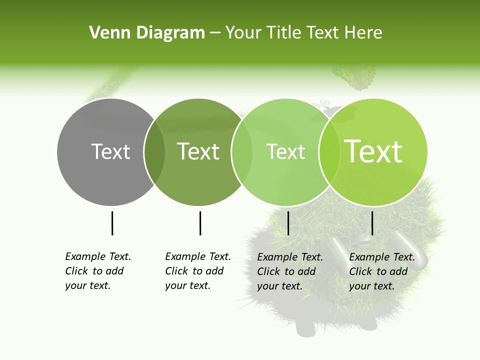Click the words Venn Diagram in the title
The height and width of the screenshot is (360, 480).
click(x=147, y=33)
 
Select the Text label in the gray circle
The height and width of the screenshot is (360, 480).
click(x=110, y=151)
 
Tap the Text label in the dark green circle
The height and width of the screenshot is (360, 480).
click(x=198, y=151)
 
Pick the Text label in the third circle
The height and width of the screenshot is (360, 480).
click(x=286, y=151)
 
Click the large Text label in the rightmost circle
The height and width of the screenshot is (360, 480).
click(x=373, y=151)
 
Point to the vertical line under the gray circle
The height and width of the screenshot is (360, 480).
click(x=112, y=223)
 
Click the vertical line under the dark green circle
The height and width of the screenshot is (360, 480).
click(x=200, y=223)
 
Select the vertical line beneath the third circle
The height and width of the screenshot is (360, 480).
click(x=288, y=223)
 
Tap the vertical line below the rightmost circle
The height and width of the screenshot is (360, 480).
click(x=372, y=223)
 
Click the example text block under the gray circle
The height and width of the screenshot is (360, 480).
click(x=98, y=271)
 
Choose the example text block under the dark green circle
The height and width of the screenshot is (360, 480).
click(x=198, y=271)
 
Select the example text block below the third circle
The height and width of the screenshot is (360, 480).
click(x=290, y=271)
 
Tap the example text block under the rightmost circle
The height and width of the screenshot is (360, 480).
click(x=382, y=271)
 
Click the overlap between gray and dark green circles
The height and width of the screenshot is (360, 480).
click(x=154, y=151)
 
